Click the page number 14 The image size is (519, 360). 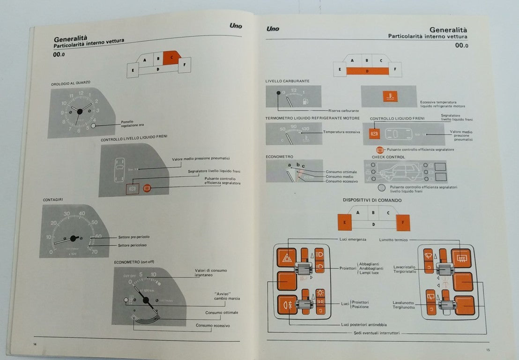click(35, 345)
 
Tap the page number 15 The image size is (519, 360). click(488, 350)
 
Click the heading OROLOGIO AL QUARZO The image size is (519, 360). click(71, 83)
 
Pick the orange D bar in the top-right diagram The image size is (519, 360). click(367, 71)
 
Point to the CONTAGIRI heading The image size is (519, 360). click(52, 200)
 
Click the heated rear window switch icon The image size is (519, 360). click(461, 258)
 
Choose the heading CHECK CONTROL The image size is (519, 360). click(388, 157)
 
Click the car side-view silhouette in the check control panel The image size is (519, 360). click(399, 172)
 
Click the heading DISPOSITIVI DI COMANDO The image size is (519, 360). click(372, 200)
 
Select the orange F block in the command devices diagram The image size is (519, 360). click(402, 222)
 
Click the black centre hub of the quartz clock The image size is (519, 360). click(79, 112)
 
